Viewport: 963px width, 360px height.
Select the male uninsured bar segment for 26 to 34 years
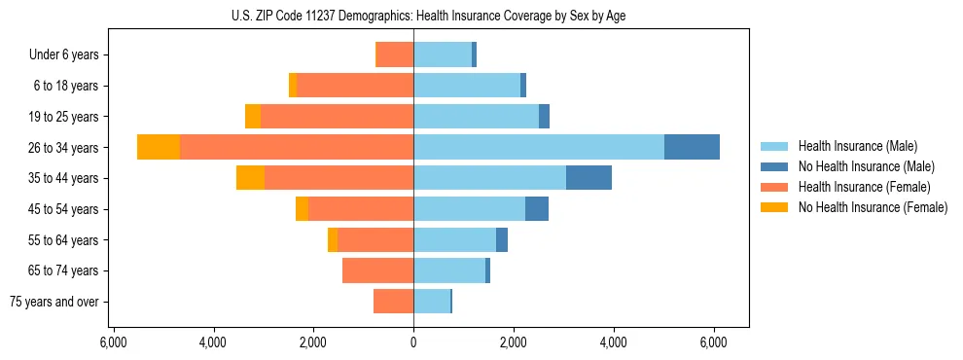coord(692,147)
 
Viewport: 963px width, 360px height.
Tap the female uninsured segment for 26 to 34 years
coord(159,147)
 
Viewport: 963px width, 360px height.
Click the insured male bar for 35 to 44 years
coord(489,178)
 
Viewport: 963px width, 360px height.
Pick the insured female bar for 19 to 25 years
coord(337,117)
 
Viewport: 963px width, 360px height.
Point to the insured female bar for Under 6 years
coord(394,54)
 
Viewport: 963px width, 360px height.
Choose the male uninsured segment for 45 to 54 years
coord(537,209)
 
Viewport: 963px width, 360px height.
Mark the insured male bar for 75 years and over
coord(432,302)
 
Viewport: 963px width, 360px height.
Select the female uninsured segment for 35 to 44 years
coord(250,178)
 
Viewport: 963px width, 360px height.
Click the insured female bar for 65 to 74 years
coord(377,270)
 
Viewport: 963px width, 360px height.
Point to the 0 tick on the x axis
coord(413,342)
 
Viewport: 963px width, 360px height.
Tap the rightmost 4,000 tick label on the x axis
coord(614,342)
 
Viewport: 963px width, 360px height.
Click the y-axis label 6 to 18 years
coord(66,86)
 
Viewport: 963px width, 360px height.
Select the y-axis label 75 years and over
coord(54,302)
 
